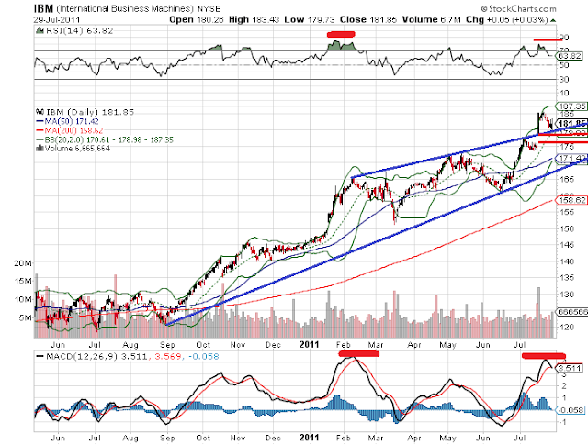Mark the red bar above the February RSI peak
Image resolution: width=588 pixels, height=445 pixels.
pyautogui.click(x=342, y=34)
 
